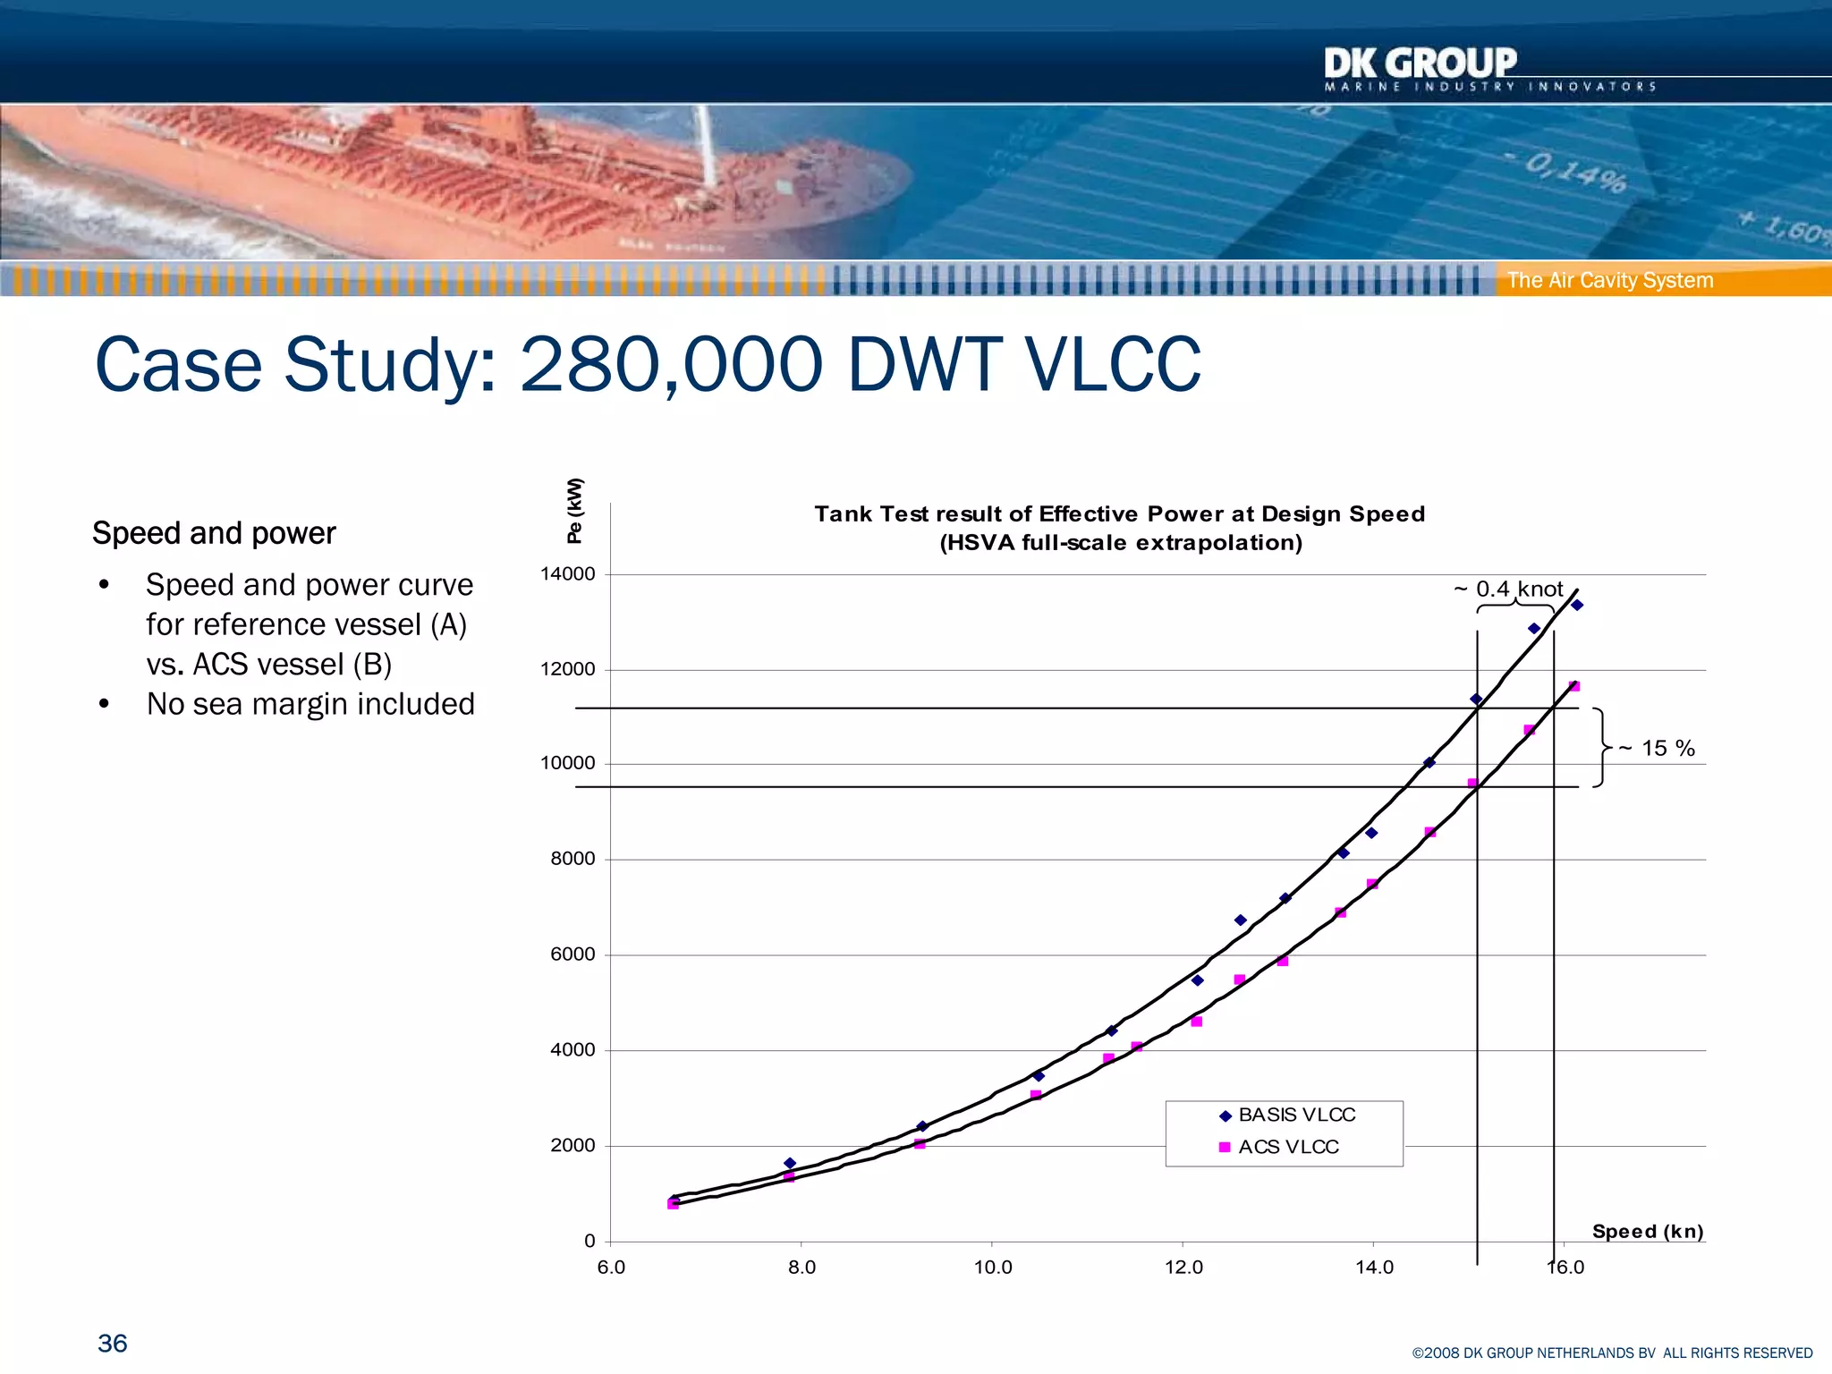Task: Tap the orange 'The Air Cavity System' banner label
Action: pos(1609,280)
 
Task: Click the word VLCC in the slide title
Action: pos(1113,365)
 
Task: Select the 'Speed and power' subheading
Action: pos(214,533)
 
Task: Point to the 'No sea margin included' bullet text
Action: pos(310,704)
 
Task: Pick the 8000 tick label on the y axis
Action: pos(572,859)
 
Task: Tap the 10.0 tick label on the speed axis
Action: pos(993,1268)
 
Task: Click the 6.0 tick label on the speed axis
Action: pos(611,1268)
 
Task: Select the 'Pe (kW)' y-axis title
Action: pos(574,511)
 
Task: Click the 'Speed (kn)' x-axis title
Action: pos(1648,1232)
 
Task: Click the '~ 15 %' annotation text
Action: pos(1657,749)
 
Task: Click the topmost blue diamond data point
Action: pos(1577,606)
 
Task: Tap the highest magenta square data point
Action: pos(1574,687)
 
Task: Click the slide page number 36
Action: pos(113,1344)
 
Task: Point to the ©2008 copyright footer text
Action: pos(1612,1353)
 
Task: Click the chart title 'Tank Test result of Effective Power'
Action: pos(1119,514)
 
